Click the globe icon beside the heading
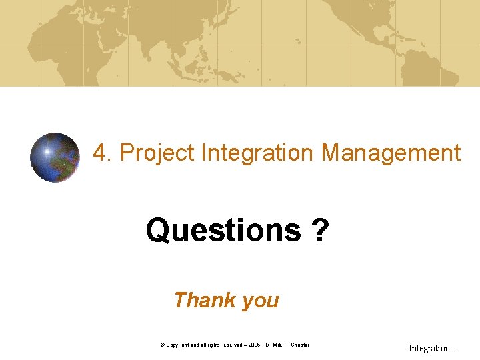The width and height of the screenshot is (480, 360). pyautogui.click(x=55, y=157)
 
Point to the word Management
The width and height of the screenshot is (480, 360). pyautogui.click(x=391, y=153)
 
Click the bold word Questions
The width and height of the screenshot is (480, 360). pyautogui.click(x=223, y=231)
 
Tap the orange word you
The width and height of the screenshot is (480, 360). pyautogui.click(x=261, y=301)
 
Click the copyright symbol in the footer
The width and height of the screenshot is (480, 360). pyautogui.click(x=162, y=345)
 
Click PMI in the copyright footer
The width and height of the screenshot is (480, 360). pyautogui.click(x=268, y=345)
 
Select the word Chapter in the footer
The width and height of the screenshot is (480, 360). pyautogui.click(x=299, y=345)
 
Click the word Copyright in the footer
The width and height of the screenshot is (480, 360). pyautogui.click(x=178, y=345)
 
